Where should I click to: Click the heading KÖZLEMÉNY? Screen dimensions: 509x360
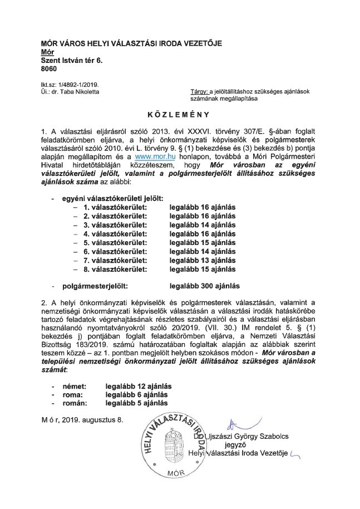(x=180, y=115)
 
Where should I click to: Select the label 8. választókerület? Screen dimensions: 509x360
(x=115, y=269)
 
